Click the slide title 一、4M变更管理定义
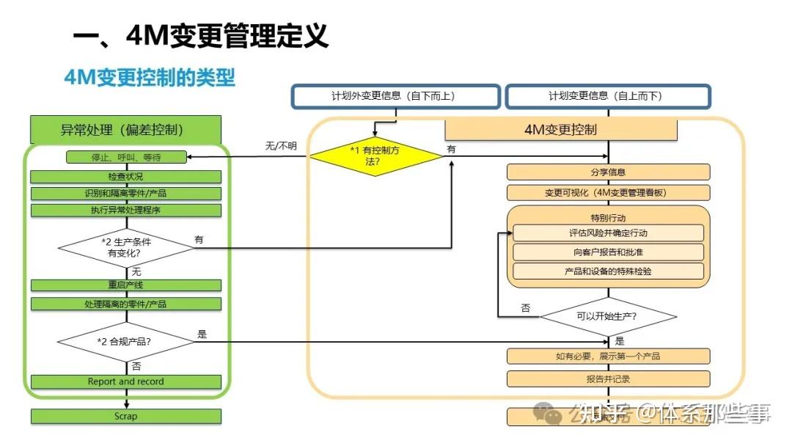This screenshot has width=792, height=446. (200, 34)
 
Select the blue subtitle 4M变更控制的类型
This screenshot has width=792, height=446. (150, 77)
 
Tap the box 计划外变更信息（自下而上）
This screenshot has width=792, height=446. (396, 96)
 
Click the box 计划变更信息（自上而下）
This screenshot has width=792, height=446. (607, 96)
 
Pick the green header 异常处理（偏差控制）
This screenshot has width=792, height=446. (125, 130)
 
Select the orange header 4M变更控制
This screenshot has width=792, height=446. (560, 130)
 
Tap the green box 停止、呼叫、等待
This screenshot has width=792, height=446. (125, 157)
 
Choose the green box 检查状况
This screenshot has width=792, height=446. (125, 177)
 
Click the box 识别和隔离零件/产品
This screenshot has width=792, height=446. (125, 194)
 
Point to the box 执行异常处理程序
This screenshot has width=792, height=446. (125, 211)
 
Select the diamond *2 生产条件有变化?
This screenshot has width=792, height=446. (125, 247)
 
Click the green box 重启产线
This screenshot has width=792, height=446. (125, 285)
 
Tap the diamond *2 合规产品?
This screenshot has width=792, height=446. (125, 341)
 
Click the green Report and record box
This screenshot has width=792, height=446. (125, 381)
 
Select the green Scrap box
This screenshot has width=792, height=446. (125, 416)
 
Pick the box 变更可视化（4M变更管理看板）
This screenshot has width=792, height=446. (608, 193)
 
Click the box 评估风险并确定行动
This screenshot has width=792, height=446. (608, 233)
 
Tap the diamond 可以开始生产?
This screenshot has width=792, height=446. (608, 316)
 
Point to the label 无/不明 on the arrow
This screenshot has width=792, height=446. (281, 146)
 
